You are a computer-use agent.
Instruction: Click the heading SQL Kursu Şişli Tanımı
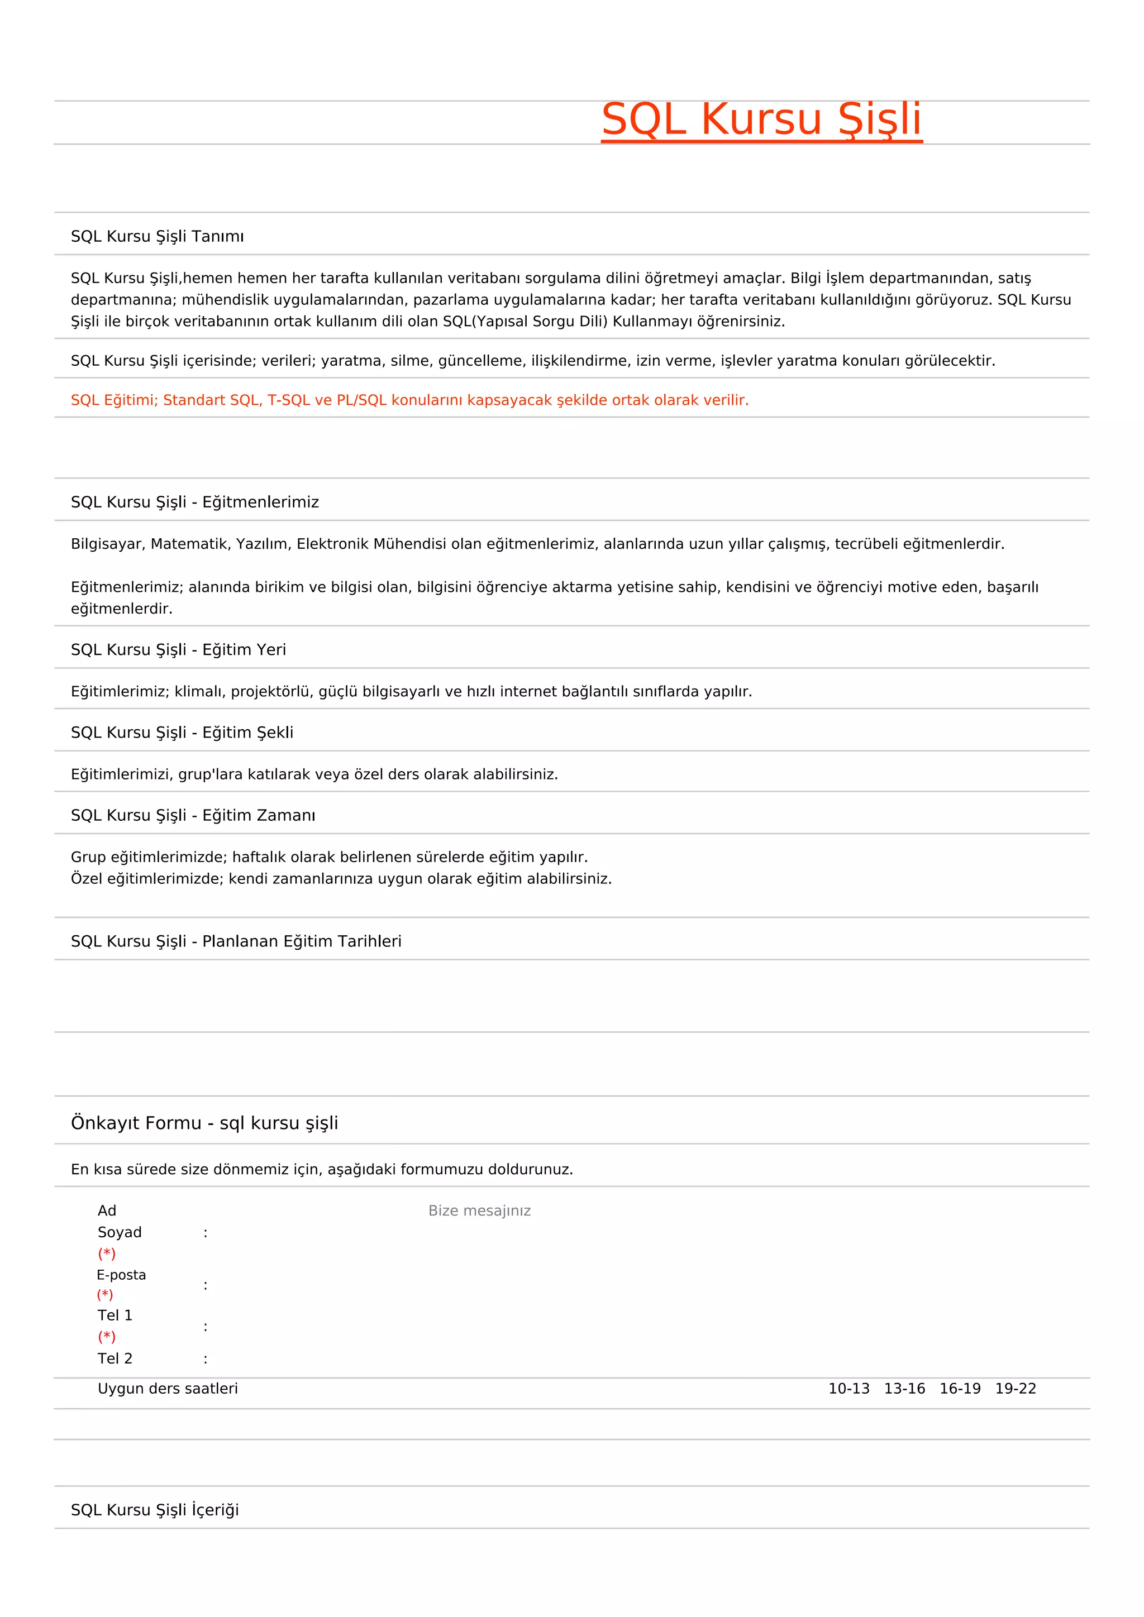157,237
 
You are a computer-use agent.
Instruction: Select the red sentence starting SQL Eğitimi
409,400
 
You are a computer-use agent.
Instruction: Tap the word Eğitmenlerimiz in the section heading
261,502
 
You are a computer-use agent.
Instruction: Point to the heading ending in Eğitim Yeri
178,649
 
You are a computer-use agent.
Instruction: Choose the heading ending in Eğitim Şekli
182,733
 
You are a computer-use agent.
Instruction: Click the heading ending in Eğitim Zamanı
193,816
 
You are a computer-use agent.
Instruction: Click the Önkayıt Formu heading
204,1123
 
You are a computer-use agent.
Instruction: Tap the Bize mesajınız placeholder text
479,1211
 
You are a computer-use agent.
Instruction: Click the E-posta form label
121,1275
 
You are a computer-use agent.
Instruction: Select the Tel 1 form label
115,1315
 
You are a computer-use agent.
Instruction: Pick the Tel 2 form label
115,1358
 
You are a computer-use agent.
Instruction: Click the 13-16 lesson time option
904,1389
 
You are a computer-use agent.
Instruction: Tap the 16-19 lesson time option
960,1389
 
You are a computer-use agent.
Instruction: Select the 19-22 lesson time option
1015,1389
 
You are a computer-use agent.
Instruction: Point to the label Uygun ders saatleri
168,1389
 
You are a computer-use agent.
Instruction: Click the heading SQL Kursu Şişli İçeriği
155,1510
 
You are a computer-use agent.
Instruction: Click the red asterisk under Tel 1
106,1337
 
